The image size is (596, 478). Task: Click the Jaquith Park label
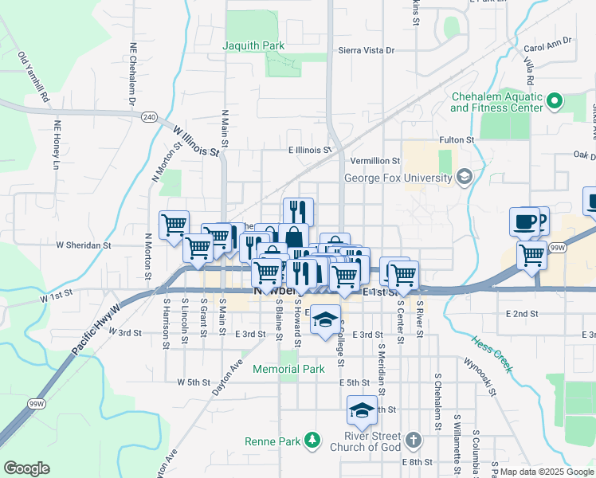tap(254, 45)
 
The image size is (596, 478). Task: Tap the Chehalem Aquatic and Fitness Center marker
tap(556, 101)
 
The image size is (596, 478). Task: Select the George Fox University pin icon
tap(464, 177)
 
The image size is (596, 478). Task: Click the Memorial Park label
tap(289, 369)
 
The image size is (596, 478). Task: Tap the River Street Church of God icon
tap(413, 440)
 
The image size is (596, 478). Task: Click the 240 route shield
tap(149, 116)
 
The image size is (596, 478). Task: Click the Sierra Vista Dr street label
tap(367, 50)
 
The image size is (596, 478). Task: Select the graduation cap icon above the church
tap(362, 411)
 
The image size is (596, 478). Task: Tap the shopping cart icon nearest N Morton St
tap(174, 225)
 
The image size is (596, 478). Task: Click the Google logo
tap(27, 468)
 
